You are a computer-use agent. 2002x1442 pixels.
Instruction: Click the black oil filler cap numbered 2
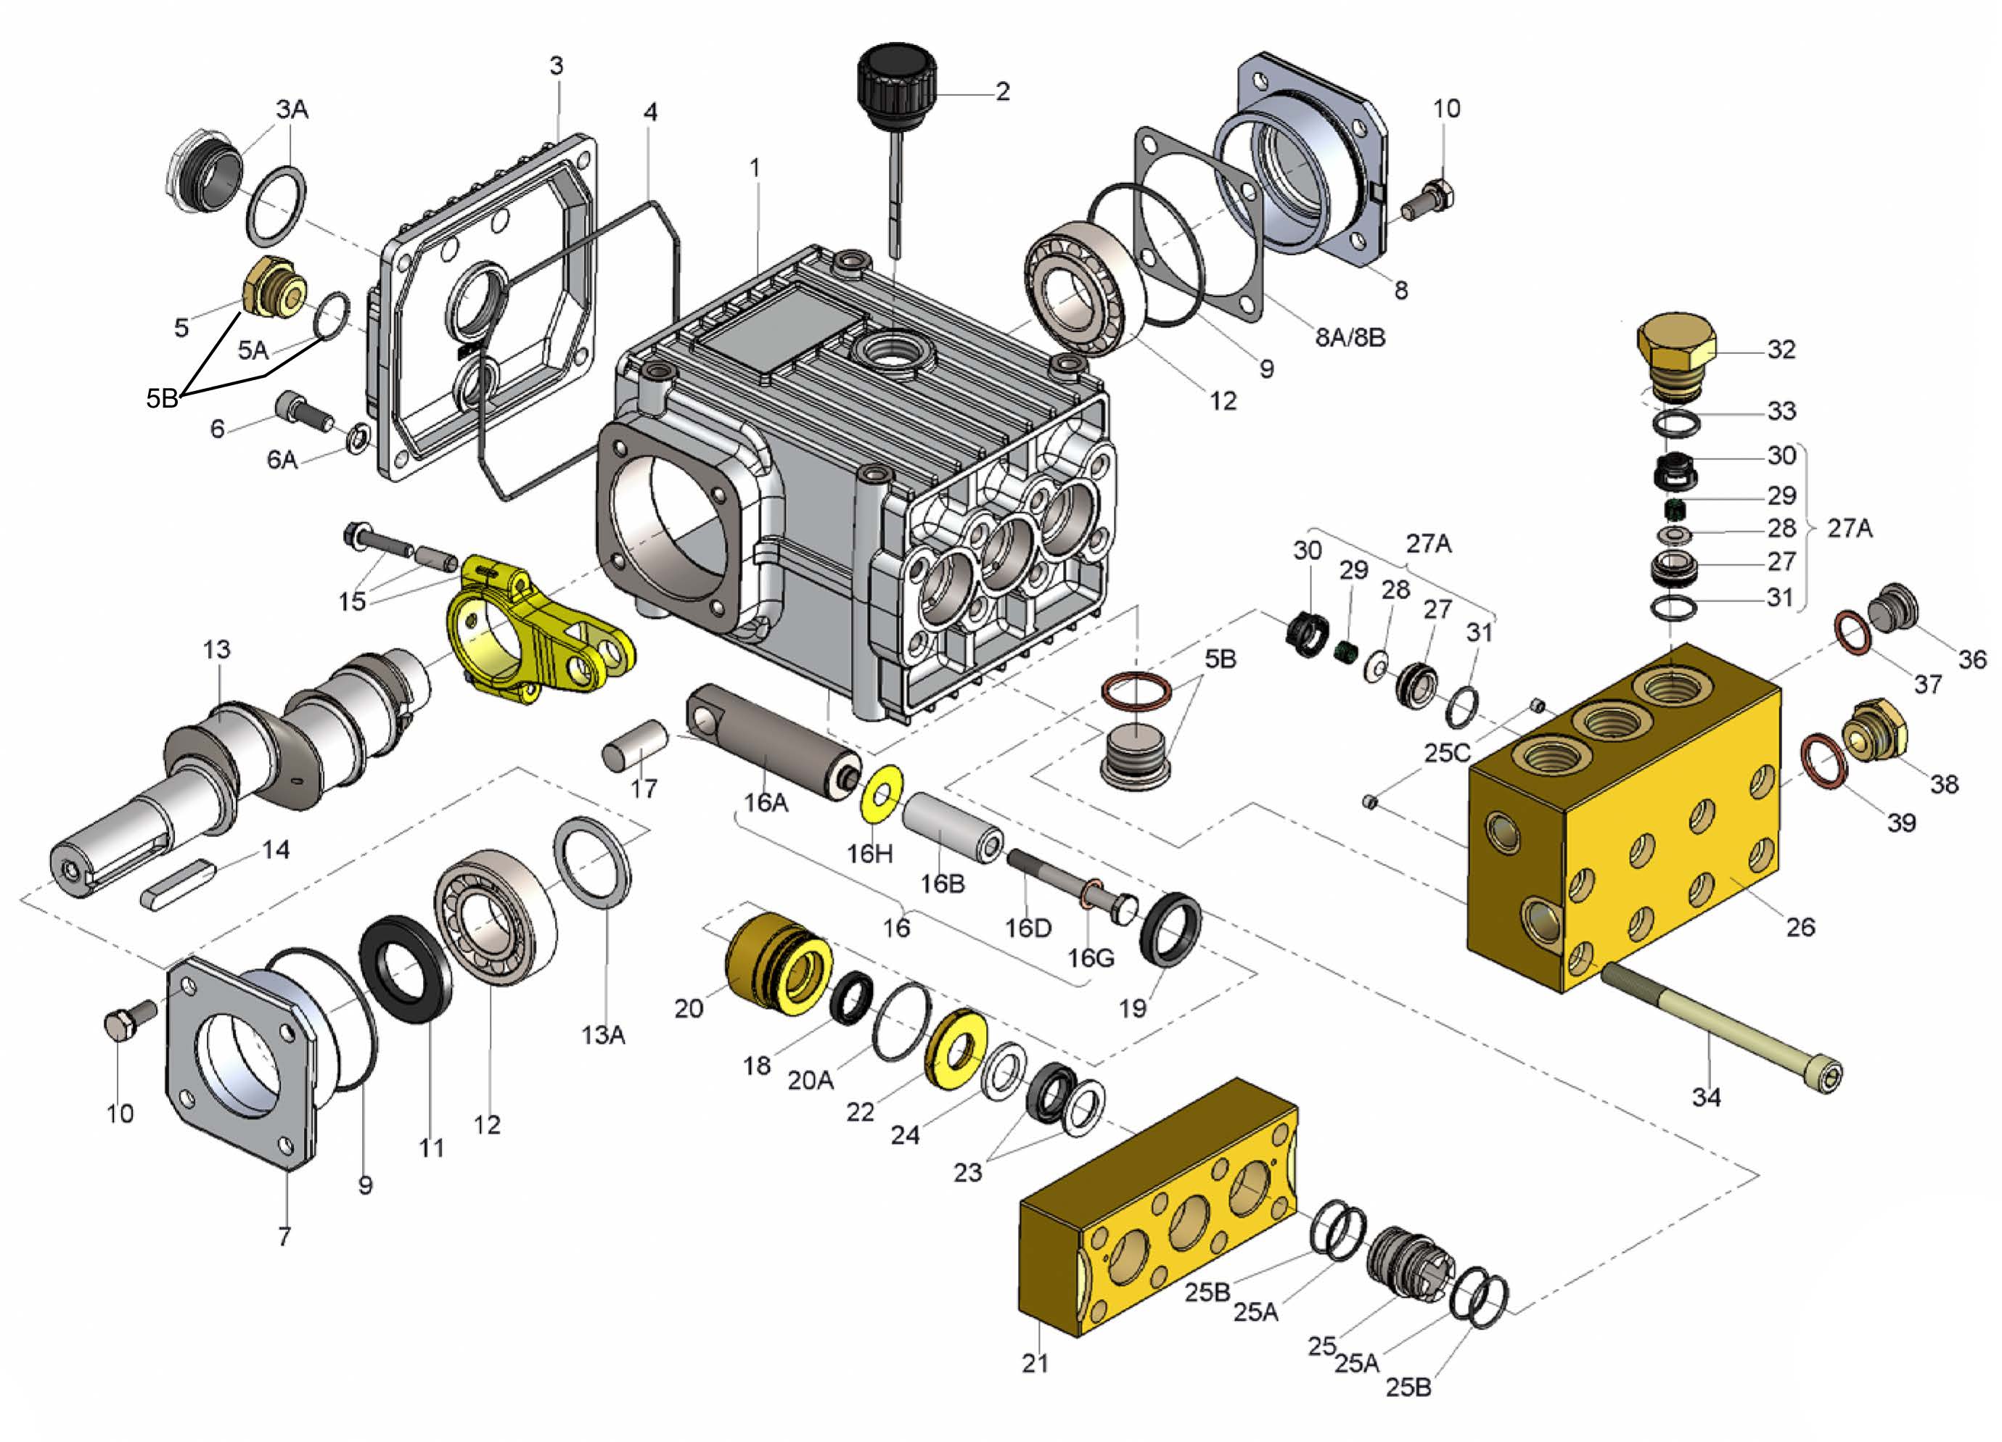point(895,84)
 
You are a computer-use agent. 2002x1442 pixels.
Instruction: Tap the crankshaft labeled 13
point(265,759)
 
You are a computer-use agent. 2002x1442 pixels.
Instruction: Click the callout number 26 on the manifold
point(1801,926)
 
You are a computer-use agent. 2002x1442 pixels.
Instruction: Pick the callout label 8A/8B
point(1350,337)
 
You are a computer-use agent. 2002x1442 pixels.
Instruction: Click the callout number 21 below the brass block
point(1035,1363)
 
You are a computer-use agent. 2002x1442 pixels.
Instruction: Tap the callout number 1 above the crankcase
point(755,167)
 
